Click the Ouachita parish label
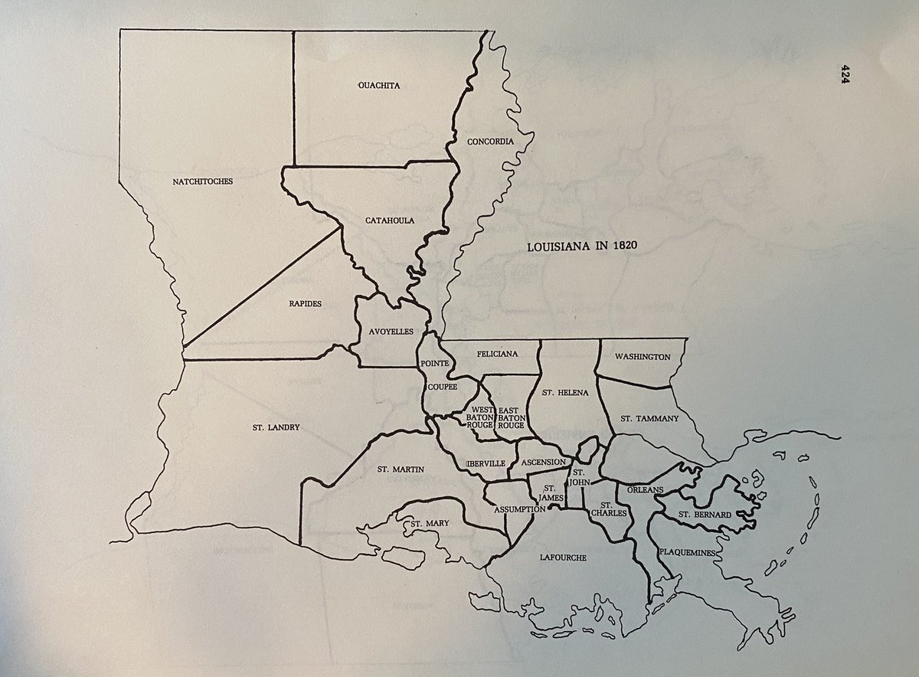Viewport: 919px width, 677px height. (379, 86)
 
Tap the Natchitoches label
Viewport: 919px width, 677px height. (203, 182)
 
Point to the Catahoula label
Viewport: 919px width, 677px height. (391, 221)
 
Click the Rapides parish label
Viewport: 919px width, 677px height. (306, 303)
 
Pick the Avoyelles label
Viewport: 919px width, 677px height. (390, 332)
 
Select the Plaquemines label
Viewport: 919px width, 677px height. (687, 552)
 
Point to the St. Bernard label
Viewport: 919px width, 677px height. (705, 515)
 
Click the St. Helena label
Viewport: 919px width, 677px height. (564, 393)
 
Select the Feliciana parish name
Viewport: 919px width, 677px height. (498, 355)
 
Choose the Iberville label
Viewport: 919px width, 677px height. (484, 463)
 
